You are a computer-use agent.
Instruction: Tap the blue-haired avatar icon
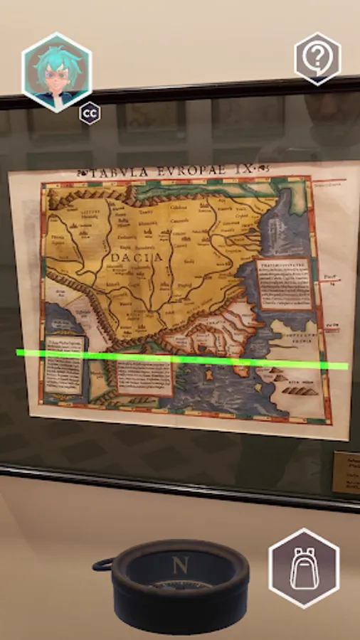tap(57, 72)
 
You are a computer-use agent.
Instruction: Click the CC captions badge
tap(89, 113)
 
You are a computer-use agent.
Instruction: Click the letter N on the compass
tap(178, 567)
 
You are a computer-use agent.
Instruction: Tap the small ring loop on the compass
tap(102, 565)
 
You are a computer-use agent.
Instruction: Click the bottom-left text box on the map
tap(65, 366)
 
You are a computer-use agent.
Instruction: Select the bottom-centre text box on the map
tap(144, 374)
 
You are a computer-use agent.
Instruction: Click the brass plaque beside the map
tap(346, 471)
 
